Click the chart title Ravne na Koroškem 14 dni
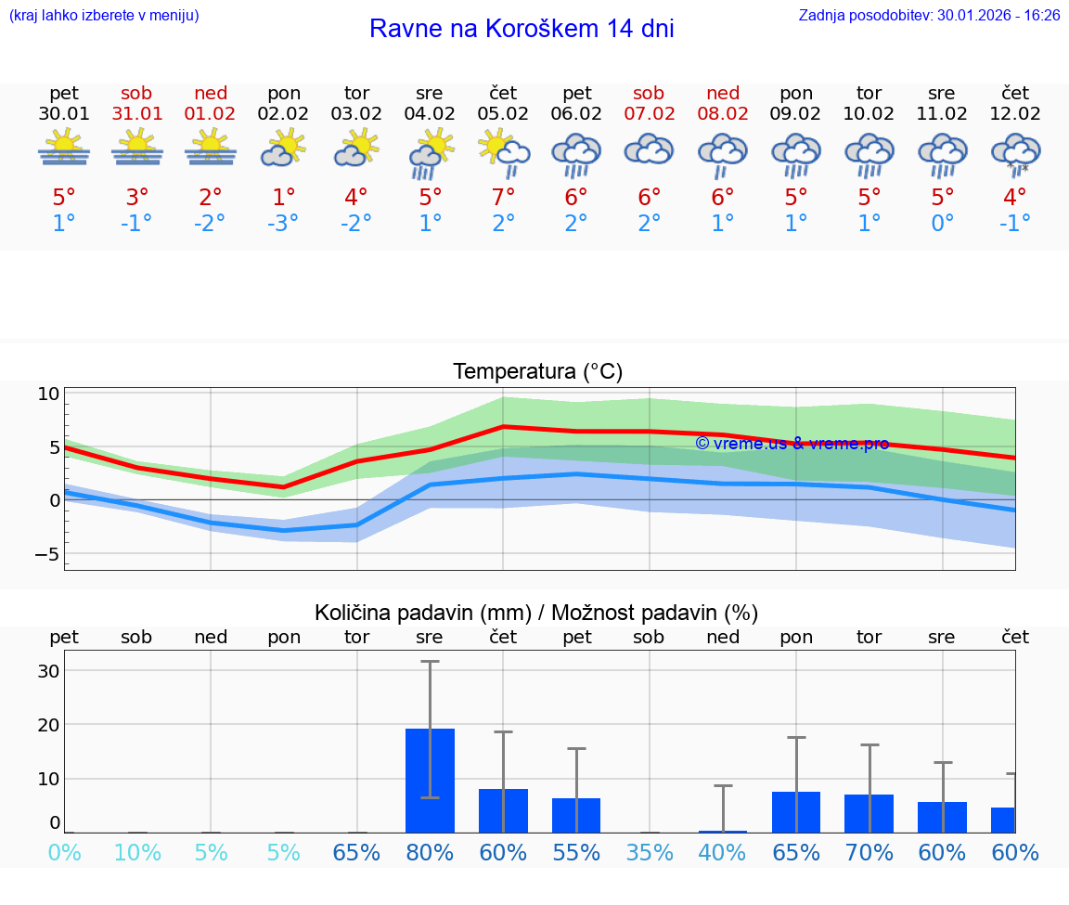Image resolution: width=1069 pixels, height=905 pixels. click(x=522, y=29)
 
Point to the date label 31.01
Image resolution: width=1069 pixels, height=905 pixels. click(x=136, y=114)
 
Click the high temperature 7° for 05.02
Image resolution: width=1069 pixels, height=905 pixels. click(x=503, y=197)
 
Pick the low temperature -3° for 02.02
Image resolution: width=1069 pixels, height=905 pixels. click(x=283, y=223)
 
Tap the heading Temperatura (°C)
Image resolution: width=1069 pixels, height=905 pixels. click(x=537, y=372)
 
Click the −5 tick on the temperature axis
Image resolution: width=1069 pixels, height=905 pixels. click(x=46, y=554)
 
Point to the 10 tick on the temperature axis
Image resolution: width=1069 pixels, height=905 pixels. click(x=49, y=394)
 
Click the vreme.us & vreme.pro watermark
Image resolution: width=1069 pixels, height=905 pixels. click(x=792, y=444)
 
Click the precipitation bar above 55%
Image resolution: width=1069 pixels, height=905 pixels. click(x=576, y=815)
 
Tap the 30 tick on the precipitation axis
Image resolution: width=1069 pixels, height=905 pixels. click(x=48, y=671)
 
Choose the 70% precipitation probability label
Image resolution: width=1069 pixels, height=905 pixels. click(x=869, y=852)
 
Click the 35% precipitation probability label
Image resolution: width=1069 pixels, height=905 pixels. click(x=649, y=852)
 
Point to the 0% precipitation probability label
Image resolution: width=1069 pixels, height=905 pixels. click(x=64, y=852)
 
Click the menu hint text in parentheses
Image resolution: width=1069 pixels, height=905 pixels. click(x=104, y=16)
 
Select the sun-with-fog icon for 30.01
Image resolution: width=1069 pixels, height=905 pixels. click(x=64, y=149)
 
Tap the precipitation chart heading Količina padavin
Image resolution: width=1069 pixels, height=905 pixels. click(x=536, y=613)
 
